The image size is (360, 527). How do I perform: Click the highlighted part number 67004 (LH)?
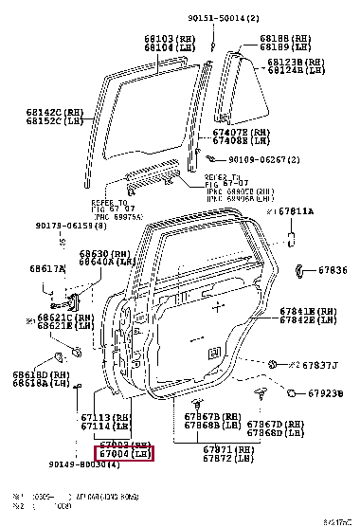(126, 455)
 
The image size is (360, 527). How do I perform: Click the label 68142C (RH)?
(36, 112)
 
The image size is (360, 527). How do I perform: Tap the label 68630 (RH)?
(103, 254)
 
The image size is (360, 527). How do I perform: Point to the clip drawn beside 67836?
(298, 271)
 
